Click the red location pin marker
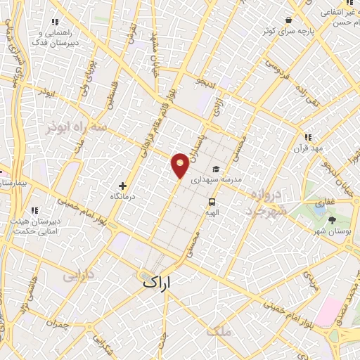tap(181, 165)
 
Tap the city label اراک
tap(157, 282)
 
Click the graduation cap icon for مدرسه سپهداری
tap(216, 169)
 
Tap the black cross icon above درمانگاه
tap(123, 186)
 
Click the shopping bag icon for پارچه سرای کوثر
tap(289, 20)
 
